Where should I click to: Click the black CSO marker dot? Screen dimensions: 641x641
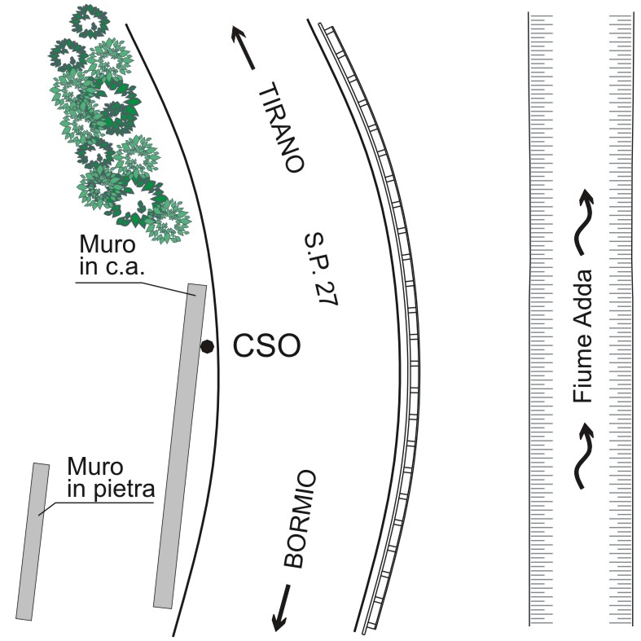(207, 347)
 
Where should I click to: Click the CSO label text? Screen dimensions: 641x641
(266, 345)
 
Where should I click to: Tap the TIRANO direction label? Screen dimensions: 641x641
(282, 128)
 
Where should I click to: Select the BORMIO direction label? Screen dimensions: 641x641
(300, 519)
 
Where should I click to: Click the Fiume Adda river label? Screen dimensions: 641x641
(582, 336)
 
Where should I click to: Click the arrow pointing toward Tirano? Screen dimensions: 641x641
(244, 47)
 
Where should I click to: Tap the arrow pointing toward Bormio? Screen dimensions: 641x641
(281, 608)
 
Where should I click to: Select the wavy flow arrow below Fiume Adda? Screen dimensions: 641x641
(584, 455)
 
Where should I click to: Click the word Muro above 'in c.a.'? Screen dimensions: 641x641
(108, 244)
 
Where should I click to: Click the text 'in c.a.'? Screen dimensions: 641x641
(112, 266)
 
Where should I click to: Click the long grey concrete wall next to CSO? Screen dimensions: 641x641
(180, 446)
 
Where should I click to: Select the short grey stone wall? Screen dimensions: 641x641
(33, 542)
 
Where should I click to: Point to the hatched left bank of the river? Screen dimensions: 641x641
(541, 318)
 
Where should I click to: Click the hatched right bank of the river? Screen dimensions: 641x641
(621, 318)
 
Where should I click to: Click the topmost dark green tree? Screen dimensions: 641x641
(90, 22)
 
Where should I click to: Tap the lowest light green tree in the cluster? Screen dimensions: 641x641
(169, 222)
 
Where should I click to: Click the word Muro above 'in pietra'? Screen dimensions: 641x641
(94, 467)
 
